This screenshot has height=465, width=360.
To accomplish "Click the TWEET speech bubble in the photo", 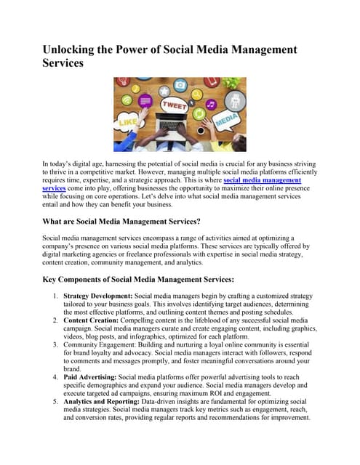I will (175, 105).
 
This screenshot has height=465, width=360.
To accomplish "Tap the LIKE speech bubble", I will (128, 122).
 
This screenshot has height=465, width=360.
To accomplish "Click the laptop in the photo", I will (171, 125).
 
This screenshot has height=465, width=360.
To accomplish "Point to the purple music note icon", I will (211, 105).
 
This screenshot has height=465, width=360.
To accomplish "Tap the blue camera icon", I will (180, 85).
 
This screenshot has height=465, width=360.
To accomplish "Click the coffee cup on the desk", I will (201, 130).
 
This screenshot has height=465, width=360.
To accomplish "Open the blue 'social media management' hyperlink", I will (262, 179).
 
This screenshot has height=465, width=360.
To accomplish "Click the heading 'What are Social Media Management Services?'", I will (131, 221).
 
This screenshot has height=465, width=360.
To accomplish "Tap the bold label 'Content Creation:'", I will (91, 320).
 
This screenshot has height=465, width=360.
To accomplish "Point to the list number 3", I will (56, 344).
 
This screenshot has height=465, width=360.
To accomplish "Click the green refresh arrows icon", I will (199, 113).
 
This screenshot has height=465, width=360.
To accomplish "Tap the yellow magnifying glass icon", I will (196, 94).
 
